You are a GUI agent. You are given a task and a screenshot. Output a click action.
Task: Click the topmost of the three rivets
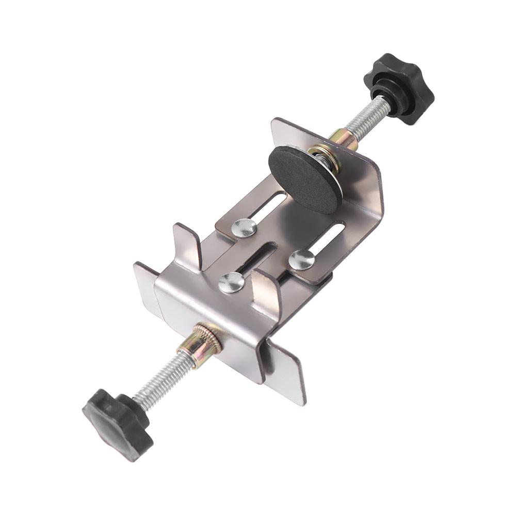pyautogui.click(x=244, y=228)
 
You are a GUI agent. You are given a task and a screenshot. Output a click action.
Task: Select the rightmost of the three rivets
pyautogui.click(x=302, y=260)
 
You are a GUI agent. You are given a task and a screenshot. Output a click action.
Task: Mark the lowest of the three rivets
pyautogui.click(x=231, y=282)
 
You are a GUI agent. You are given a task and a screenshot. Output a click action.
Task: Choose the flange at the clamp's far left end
pyautogui.click(x=144, y=284)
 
